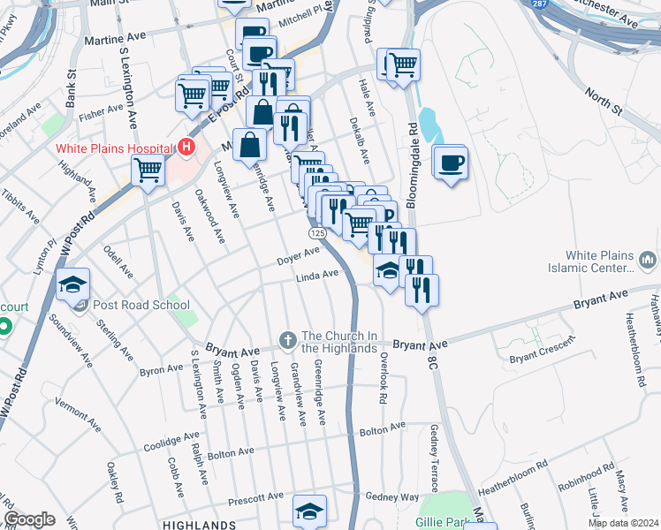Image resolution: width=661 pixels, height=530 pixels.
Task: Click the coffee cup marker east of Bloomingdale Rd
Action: click(450, 163)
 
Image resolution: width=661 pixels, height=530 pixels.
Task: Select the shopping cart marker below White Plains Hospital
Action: click(148, 172)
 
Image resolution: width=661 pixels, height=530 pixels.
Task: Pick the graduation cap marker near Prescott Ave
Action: click(310, 511)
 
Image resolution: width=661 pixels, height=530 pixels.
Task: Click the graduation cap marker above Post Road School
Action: click(73, 284)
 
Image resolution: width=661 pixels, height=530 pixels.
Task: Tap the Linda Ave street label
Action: click(317, 276)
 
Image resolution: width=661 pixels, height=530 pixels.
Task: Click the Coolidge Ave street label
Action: click(173, 438)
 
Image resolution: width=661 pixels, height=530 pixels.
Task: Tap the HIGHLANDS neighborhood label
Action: click(200, 525)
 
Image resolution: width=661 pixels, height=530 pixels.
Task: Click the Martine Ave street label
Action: click(114, 40)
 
